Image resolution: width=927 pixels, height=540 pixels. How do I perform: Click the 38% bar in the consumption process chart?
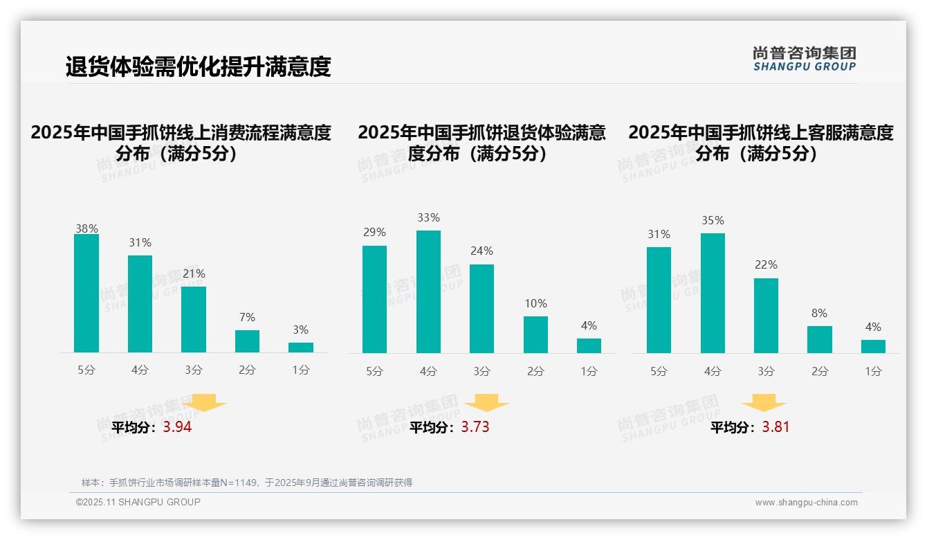[86, 294]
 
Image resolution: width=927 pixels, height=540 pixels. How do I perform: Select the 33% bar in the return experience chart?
[428, 291]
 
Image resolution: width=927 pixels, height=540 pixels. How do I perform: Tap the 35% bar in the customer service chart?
[713, 293]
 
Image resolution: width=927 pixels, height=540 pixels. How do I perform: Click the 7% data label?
[247, 317]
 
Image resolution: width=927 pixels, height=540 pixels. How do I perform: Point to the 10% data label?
[535, 303]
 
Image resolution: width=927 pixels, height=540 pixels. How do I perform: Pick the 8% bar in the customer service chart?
[819, 339]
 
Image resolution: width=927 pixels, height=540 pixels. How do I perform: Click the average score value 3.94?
[177, 427]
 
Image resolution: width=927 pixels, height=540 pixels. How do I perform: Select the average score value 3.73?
[475, 427]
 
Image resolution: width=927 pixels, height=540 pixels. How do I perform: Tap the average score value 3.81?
[775, 427]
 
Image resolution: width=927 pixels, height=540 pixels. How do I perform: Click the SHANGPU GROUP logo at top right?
[804, 58]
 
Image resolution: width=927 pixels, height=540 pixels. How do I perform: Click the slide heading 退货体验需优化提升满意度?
[199, 66]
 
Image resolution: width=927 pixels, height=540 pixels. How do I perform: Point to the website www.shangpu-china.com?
[806, 503]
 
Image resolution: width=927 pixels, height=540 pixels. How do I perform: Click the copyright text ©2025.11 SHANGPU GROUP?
[138, 502]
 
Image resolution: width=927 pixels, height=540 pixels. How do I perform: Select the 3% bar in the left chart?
[301, 348]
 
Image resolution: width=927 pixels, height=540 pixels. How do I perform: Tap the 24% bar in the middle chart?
[481, 309]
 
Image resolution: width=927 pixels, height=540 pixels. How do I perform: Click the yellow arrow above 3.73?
[486, 403]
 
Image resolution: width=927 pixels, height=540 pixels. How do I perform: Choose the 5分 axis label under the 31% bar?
[659, 371]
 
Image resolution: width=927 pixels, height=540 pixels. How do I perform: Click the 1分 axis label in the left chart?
[301, 370]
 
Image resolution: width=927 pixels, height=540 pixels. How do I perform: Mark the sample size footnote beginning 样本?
[246, 483]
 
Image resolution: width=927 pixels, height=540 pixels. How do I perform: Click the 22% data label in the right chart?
[766, 264]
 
